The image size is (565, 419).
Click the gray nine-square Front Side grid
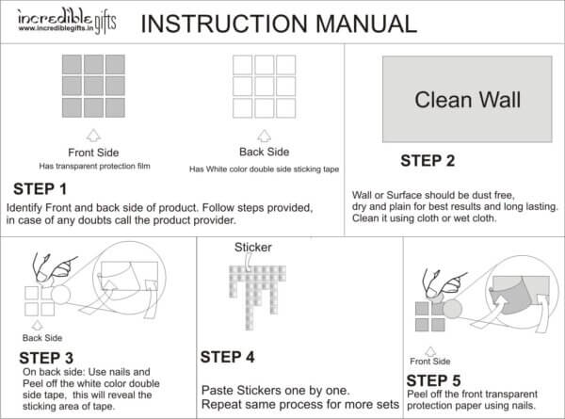click(x=93, y=85)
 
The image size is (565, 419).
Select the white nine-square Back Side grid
click(x=266, y=85)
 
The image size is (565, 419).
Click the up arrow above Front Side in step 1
click(x=93, y=135)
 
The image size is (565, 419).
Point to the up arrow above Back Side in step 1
click(x=265, y=134)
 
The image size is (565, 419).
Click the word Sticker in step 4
click(x=252, y=248)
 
